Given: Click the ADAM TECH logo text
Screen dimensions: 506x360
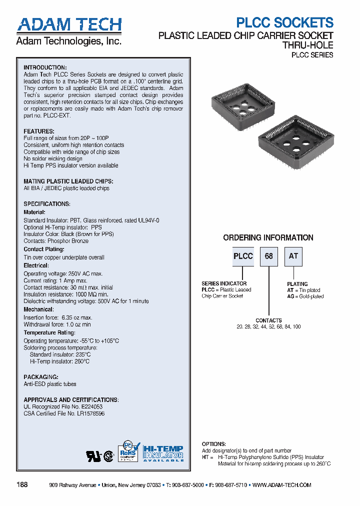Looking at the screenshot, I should [69, 25].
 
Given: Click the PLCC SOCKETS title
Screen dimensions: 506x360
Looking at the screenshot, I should [284, 22].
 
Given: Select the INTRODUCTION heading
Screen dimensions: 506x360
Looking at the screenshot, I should [45, 67].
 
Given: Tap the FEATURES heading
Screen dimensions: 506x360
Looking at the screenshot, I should [39, 131].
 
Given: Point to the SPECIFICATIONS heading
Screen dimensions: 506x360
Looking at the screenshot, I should [47, 204].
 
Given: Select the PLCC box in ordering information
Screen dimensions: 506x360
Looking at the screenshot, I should [243, 256].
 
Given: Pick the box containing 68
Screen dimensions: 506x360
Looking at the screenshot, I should [269, 256].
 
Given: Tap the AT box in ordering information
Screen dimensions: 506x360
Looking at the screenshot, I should [293, 256].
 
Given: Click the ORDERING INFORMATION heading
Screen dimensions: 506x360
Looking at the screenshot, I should [268, 238].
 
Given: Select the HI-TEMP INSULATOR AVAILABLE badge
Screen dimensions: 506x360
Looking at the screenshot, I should [163, 453].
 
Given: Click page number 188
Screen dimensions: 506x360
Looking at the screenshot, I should [22, 485].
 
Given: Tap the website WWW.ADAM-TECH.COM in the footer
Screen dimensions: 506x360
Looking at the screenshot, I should [282, 485].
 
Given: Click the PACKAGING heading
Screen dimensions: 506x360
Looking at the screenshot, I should [41, 377].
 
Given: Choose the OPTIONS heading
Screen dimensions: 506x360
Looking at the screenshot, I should [214, 444].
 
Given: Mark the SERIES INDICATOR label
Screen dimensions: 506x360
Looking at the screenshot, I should [223, 283].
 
